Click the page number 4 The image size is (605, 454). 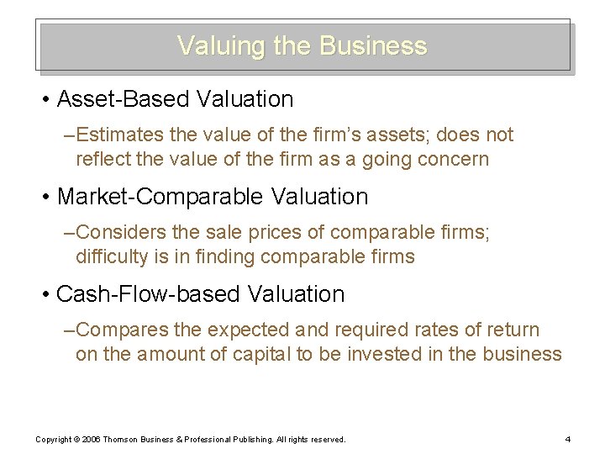click(x=568, y=440)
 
